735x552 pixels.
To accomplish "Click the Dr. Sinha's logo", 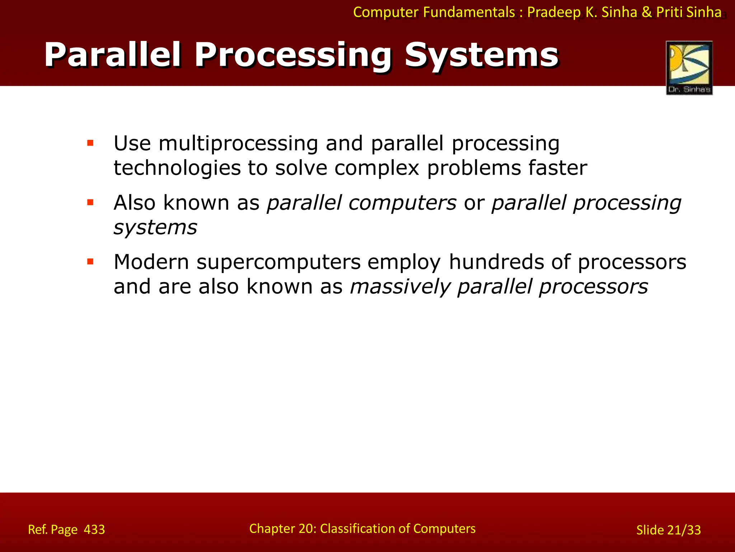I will pos(689,68).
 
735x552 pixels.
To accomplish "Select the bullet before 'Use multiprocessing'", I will pos(90,143).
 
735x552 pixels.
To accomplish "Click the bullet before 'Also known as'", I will pos(90,203).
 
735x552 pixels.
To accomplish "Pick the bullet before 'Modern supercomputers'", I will pos(90,262).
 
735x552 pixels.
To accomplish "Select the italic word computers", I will pos(402,203).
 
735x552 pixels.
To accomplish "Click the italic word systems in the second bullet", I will pos(155,227).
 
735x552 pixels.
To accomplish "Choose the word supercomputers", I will pos(278,262).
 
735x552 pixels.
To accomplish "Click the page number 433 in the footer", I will pos(94,529).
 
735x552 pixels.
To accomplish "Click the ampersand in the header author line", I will pos(647,12).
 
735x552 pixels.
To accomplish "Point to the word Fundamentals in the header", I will pos(469,12).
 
